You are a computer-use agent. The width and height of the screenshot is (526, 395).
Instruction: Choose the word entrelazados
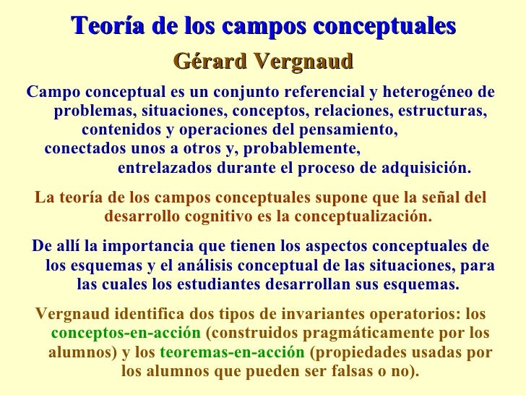click(164, 169)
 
